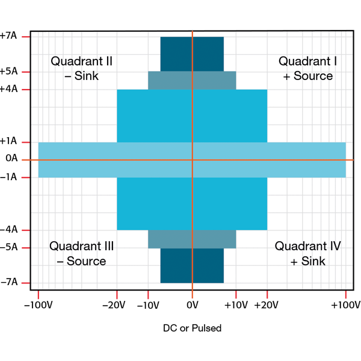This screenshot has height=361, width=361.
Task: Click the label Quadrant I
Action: (x=307, y=61)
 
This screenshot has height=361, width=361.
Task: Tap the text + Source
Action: (x=307, y=76)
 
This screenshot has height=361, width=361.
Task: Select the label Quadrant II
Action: (x=81, y=61)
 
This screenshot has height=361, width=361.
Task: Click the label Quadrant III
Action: (x=81, y=246)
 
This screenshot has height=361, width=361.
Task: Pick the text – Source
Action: (x=81, y=261)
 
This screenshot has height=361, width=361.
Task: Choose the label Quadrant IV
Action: (x=307, y=246)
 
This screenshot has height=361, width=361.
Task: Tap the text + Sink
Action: (x=307, y=261)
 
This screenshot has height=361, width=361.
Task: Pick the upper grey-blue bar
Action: (x=168, y=81)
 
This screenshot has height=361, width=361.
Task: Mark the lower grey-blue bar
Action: (x=168, y=239)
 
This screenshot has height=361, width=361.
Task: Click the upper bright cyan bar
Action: (x=150, y=116)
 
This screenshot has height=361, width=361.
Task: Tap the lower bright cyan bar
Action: (x=150, y=203)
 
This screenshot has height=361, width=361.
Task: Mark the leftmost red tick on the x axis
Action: (x=39, y=295)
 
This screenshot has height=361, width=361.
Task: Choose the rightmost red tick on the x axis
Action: (x=345, y=295)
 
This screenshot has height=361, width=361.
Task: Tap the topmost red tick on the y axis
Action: (x=26, y=37)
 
